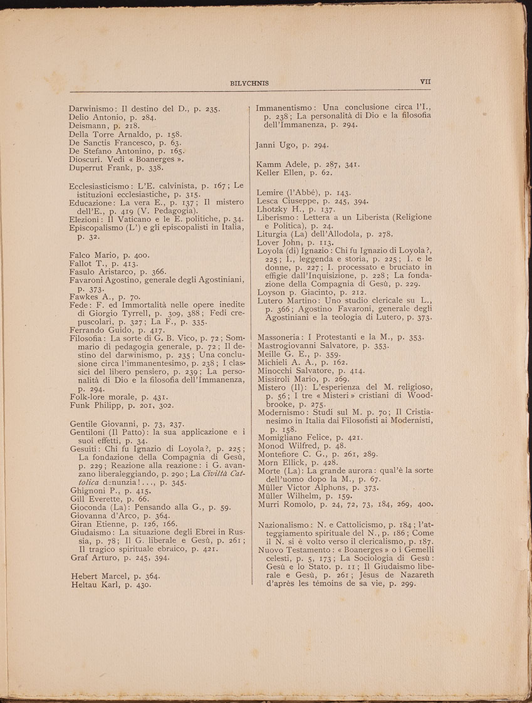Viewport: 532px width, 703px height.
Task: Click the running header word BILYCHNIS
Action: click(x=250, y=83)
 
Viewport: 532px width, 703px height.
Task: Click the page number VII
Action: click(x=425, y=81)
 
